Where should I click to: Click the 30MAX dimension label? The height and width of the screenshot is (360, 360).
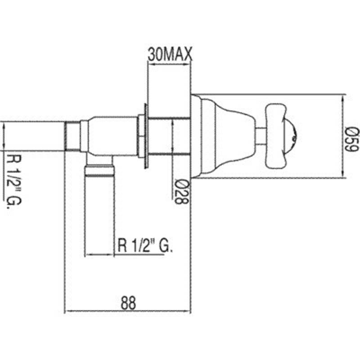170,54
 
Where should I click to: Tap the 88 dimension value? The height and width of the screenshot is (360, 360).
128,303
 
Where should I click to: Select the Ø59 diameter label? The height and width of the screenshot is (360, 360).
352,139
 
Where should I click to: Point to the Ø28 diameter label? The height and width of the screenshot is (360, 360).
182,192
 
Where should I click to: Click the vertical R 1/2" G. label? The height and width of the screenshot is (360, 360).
14,181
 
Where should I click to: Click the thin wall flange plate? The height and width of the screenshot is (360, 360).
146,136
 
